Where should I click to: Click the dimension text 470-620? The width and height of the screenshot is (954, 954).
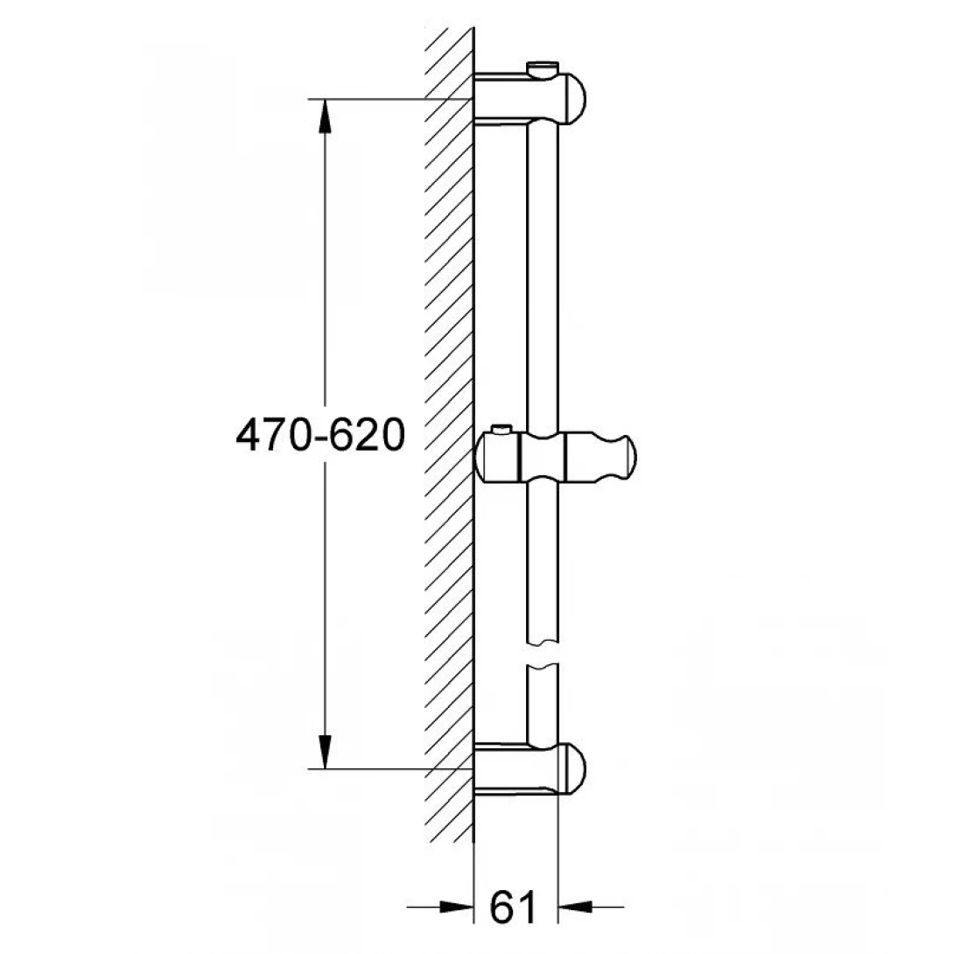(x=319, y=435)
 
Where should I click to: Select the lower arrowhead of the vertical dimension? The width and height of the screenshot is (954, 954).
(x=325, y=752)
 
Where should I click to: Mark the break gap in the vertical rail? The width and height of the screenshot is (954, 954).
(x=542, y=655)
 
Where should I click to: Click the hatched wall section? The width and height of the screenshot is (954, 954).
(x=448, y=438)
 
